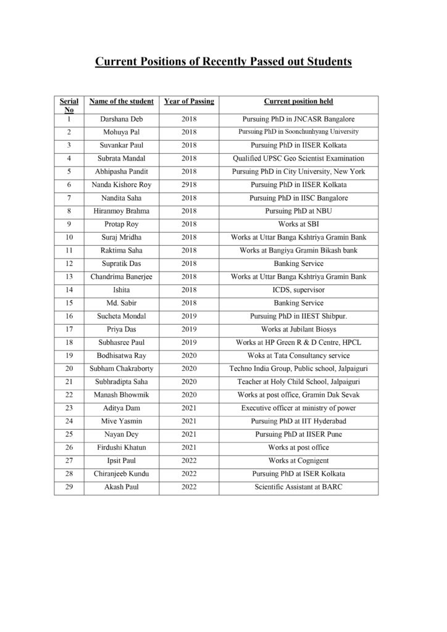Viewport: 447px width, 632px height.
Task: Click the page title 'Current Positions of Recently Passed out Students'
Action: point(223,62)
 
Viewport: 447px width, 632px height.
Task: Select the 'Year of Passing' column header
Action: point(189,101)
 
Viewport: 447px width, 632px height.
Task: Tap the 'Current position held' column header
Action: point(299,101)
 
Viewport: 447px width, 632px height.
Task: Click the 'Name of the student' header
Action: point(122,101)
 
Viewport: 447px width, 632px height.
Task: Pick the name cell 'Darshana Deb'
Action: point(122,119)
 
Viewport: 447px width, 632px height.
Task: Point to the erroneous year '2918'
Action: point(189,185)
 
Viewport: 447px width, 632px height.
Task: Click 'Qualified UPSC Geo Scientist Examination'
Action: point(299,159)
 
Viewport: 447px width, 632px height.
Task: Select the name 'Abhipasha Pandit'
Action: point(122,172)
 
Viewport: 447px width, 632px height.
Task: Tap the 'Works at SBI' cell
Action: point(299,224)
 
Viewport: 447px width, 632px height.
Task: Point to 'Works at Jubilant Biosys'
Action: point(299,329)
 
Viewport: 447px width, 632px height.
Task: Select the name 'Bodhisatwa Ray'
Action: point(122,355)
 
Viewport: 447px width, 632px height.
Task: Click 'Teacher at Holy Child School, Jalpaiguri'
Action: point(299,381)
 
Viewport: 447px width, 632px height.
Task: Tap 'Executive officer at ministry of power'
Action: point(299,408)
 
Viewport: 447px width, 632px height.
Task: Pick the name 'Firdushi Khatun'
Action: point(122,447)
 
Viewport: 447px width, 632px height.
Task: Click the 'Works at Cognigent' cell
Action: point(299,460)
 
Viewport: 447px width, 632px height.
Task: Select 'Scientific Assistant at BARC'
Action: point(299,487)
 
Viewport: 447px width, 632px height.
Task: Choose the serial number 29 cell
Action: point(70,487)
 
